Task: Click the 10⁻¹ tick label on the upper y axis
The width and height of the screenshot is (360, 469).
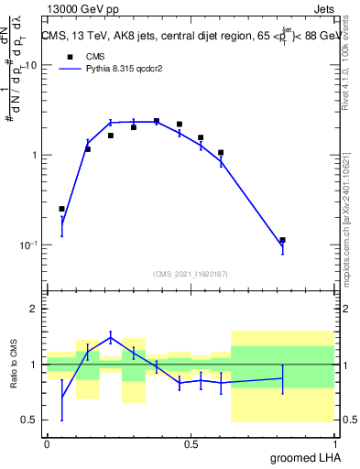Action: point(30,245)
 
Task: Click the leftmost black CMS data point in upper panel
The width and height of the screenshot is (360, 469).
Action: point(61,209)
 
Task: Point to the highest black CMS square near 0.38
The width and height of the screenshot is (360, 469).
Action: point(157,121)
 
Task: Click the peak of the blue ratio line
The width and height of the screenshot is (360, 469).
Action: point(111,337)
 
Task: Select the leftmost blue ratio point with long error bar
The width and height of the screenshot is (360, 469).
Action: point(61,395)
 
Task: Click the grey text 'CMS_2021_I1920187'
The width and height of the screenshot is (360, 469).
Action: point(190,272)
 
